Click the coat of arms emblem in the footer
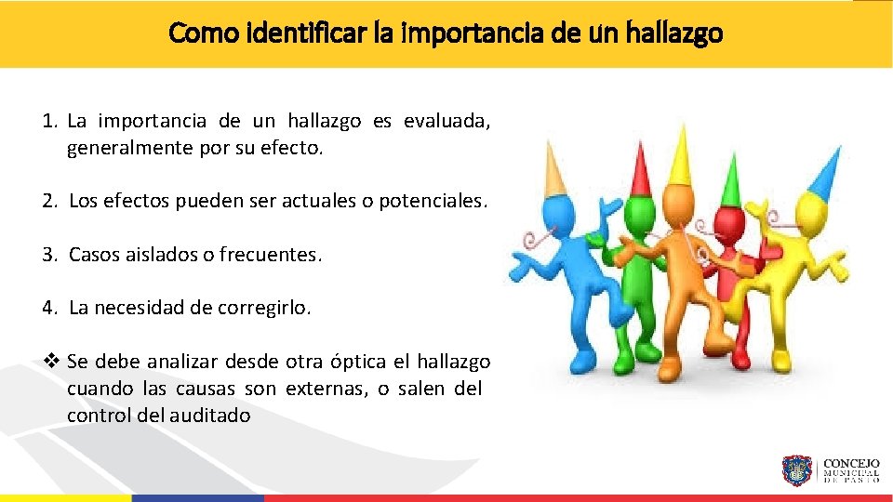(797, 471)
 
